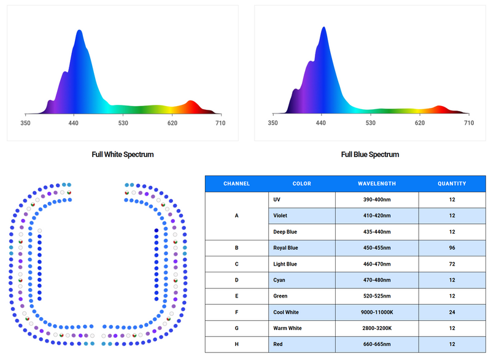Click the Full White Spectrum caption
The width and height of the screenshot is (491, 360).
pyautogui.click(x=122, y=155)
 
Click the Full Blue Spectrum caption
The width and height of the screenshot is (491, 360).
pyautogui.click(x=370, y=155)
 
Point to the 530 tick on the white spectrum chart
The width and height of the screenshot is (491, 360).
pyautogui.click(x=123, y=123)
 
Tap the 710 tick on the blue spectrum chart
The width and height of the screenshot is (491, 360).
pyautogui.click(x=469, y=123)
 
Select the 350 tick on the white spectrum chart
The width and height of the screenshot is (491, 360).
pyautogui.click(x=25, y=123)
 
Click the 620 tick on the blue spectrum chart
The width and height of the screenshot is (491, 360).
pyautogui.click(x=420, y=123)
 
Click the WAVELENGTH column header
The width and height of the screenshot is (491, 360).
pyautogui.click(x=377, y=183)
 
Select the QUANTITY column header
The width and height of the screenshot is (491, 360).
pyautogui.click(x=452, y=183)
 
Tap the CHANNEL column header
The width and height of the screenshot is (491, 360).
pyautogui.click(x=236, y=183)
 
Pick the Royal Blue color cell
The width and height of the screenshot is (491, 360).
pyautogui.click(x=302, y=248)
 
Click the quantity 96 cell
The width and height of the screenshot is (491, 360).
pyautogui.click(x=452, y=248)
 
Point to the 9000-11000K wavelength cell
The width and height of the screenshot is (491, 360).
pyautogui.click(x=377, y=312)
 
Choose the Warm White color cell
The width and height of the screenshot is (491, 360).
pyautogui.click(x=302, y=328)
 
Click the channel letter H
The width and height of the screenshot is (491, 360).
pyautogui.click(x=236, y=344)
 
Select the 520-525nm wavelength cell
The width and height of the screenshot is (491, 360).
pyautogui.click(x=377, y=296)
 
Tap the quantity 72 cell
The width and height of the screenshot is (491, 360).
pyautogui.click(x=452, y=264)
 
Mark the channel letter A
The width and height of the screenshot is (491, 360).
pyautogui.click(x=236, y=215)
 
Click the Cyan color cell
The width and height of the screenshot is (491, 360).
pyautogui.click(x=302, y=280)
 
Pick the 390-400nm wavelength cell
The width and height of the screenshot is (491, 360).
pyautogui.click(x=377, y=199)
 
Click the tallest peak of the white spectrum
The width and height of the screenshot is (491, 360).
pyautogui.click(x=80, y=30)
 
